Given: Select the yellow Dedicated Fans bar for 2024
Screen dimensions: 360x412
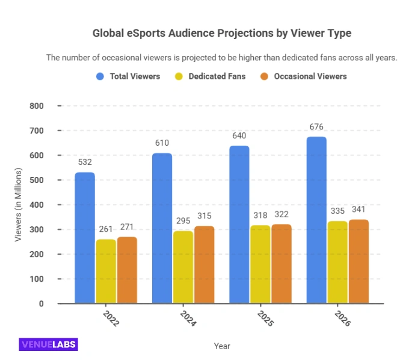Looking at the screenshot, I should coord(183,267).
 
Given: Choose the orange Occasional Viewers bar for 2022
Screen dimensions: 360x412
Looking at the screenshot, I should coord(127,270).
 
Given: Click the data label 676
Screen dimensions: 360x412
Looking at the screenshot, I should coord(316,126).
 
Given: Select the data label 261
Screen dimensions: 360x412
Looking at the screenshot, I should coord(106,229).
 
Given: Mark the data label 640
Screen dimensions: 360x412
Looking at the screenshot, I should coord(239,135).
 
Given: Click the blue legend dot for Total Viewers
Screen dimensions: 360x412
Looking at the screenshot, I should coord(100,76).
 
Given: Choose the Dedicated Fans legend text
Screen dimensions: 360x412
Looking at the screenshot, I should coord(217,76).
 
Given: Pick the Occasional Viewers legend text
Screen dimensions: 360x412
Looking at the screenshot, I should coord(310,76).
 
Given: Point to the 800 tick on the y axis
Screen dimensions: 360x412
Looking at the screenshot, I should coord(36,106).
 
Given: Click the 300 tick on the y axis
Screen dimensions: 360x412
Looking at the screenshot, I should coord(36,229).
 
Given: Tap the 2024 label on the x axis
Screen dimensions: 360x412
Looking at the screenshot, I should coord(189,318).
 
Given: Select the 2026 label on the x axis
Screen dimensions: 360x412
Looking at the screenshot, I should coord(343,318).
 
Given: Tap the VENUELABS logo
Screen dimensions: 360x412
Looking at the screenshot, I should coord(48,344).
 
